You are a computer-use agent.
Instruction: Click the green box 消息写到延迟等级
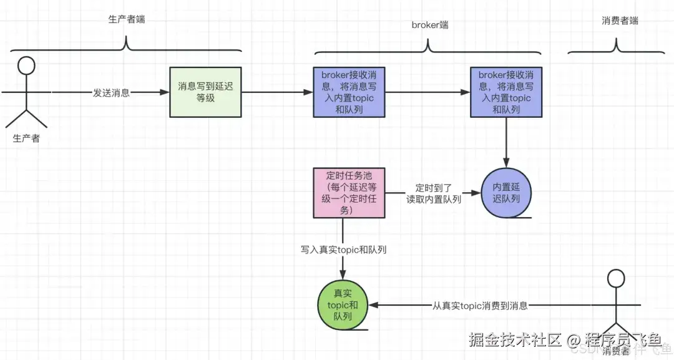click(x=205, y=92)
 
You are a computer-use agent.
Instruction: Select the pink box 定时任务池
click(x=348, y=193)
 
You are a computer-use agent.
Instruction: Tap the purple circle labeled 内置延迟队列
click(x=506, y=193)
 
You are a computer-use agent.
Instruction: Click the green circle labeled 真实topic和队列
click(x=343, y=305)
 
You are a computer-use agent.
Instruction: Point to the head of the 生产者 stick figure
click(x=25, y=66)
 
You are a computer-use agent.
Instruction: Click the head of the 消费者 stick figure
click(x=617, y=279)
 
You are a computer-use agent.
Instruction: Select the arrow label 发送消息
click(x=111, y=93)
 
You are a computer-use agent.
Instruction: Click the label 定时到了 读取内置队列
click(x=433, y=193)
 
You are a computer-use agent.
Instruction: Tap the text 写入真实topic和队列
click(x=343, y=250)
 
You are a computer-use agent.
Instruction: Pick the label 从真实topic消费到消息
click(x=480, y=306)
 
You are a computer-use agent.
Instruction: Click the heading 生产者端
click(x=127, y=19)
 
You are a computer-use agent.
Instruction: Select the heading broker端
click(x=429, y=25)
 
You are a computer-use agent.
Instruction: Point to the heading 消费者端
click(x=620, y=21)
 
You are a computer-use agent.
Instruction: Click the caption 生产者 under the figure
click(x=26, y=139)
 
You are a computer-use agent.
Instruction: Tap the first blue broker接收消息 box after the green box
click(x=349, y=92)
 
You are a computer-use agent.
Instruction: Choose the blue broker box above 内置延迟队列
click(x=506, y=92)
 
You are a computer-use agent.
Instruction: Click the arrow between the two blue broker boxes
click(x=427, y=92)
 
